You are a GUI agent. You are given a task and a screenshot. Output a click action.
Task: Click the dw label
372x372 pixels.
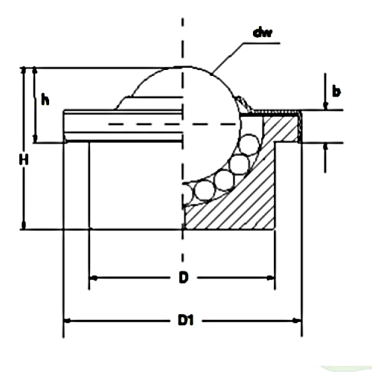pos(263,33)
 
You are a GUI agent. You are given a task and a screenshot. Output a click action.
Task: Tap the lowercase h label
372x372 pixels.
pos(45,99)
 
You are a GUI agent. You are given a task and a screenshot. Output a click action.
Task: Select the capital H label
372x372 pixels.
pos(24,159)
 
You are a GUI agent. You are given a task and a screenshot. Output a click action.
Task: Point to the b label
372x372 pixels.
pos(336,91)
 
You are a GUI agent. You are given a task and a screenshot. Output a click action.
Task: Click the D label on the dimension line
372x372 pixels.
pos(184,278)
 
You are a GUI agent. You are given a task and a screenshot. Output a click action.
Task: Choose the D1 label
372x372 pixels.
pos(185,321)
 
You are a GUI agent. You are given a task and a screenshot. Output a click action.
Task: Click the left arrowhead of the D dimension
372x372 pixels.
pos(93,278)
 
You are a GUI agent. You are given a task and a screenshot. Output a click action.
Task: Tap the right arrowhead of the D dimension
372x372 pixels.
pos(271,278)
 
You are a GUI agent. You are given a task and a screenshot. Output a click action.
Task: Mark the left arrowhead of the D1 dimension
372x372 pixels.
pos(67,321)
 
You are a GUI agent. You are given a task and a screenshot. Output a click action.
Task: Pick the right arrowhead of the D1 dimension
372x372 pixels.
pos(298,321)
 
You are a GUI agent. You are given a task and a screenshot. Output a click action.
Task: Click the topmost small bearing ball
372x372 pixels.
pos(249,144)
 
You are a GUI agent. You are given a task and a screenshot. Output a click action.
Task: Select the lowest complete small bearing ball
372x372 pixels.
pos(205,190)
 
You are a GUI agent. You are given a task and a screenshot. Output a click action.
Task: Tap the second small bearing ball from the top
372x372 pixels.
pos(239,164)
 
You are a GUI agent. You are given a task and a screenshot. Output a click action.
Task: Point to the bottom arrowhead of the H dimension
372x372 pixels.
pos(24,225)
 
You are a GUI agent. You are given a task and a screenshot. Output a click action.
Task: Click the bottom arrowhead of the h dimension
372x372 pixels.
pos(35,139)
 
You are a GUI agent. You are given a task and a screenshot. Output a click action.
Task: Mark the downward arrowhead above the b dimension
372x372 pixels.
pos(325,106)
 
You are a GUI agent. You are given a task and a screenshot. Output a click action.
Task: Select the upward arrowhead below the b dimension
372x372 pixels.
pos(325,147)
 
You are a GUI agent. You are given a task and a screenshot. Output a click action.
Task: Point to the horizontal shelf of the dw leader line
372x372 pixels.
pos(261,43)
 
